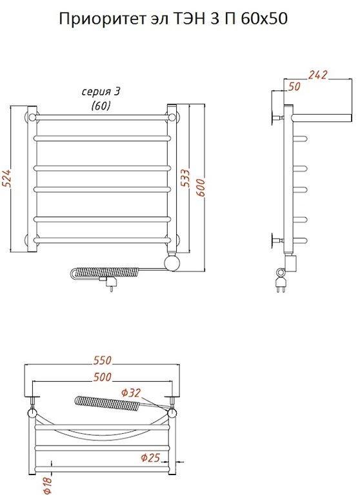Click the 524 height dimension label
tap(7, 177)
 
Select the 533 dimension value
tap(186, 178)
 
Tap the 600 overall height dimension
tap(201, 188)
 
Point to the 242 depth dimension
tap(317, 75)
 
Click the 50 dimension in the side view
tap(294, 86)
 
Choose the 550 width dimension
tap(103, 360)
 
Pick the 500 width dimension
tap(103, 377)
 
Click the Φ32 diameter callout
tap(130, 393)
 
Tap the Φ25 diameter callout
tap(150, 458)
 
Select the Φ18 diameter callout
tap(48, 486)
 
